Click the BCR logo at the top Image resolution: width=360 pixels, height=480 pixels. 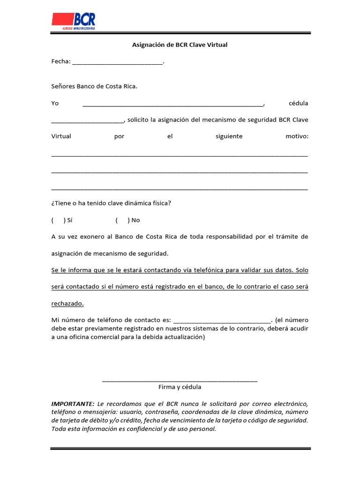(74, 21)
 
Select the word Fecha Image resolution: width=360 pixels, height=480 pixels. (60, 61)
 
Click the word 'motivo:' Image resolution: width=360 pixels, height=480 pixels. (297, 136)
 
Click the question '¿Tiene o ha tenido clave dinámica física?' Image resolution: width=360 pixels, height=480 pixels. (111, 203)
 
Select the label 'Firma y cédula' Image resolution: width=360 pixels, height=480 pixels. (180, 387)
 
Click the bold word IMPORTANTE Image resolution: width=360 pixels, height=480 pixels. (73, 404)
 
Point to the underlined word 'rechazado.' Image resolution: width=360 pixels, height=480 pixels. (67, 303)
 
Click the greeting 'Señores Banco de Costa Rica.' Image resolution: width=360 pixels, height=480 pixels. (94, 86)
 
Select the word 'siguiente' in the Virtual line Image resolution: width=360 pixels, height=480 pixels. (229, 136)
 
